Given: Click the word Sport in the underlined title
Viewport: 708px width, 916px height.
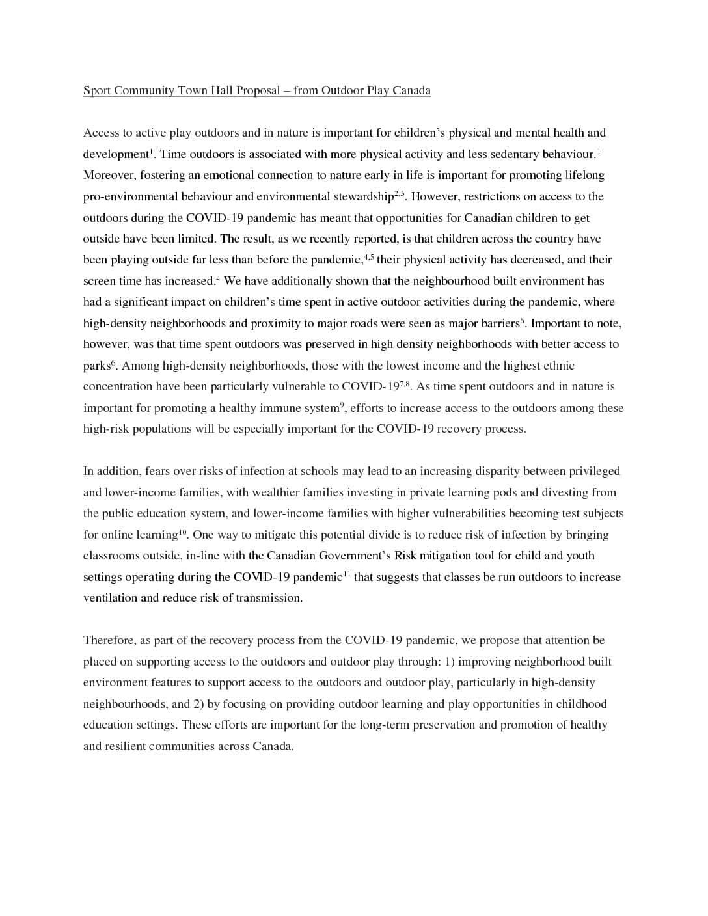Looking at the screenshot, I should pos(97,90).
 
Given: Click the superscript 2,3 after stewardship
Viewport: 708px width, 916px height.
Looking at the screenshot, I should pos(400,194).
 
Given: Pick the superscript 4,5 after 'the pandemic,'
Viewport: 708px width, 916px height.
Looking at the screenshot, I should pos(368,257).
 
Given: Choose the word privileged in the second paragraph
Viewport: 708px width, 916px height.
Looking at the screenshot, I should pos(594,471).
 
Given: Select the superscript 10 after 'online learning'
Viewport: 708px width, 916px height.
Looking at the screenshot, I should pos(183,532).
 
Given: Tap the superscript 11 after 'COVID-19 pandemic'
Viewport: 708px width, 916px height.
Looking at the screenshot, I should pos(347,574).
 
